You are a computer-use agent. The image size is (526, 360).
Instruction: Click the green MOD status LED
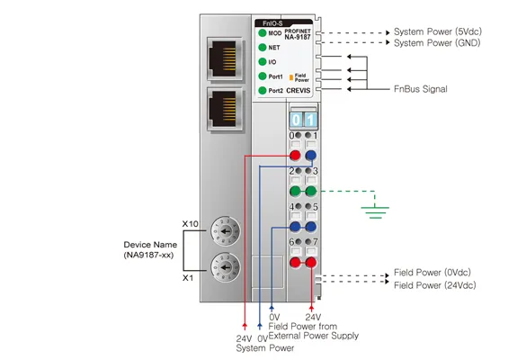[263, 33]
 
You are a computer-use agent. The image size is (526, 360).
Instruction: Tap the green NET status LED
[263, 48]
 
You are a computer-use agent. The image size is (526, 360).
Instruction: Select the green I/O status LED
[263, 62]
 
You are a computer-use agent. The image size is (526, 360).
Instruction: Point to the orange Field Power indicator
[291, 77]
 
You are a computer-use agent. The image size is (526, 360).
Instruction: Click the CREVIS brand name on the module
[299, 91]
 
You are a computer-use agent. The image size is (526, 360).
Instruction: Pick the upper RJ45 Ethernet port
[225, 59]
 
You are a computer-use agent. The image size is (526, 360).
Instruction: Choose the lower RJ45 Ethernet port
[225, 109]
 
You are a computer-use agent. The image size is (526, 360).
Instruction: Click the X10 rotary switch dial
[226, 231]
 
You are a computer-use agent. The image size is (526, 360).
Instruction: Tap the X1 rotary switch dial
[226, 267]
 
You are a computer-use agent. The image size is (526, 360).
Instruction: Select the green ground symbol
[375, 212]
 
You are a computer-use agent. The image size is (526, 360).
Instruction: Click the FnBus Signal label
[421, 89]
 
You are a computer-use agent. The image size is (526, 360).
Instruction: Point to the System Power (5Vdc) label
[438, 31]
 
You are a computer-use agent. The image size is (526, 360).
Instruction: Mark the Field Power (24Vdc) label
[435, 285]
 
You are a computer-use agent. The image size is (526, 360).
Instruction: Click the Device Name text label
[150, 245]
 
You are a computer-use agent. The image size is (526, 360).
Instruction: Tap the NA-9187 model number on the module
[298, 37]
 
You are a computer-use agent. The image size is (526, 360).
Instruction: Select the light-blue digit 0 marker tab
[296, 120]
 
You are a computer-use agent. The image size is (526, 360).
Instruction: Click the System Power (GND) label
[437, 43]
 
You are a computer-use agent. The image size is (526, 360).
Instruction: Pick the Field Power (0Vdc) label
[432, 273]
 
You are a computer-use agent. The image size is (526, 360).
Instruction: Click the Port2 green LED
[263, 90]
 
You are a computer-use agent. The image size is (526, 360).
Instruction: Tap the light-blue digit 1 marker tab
[310, 120]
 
